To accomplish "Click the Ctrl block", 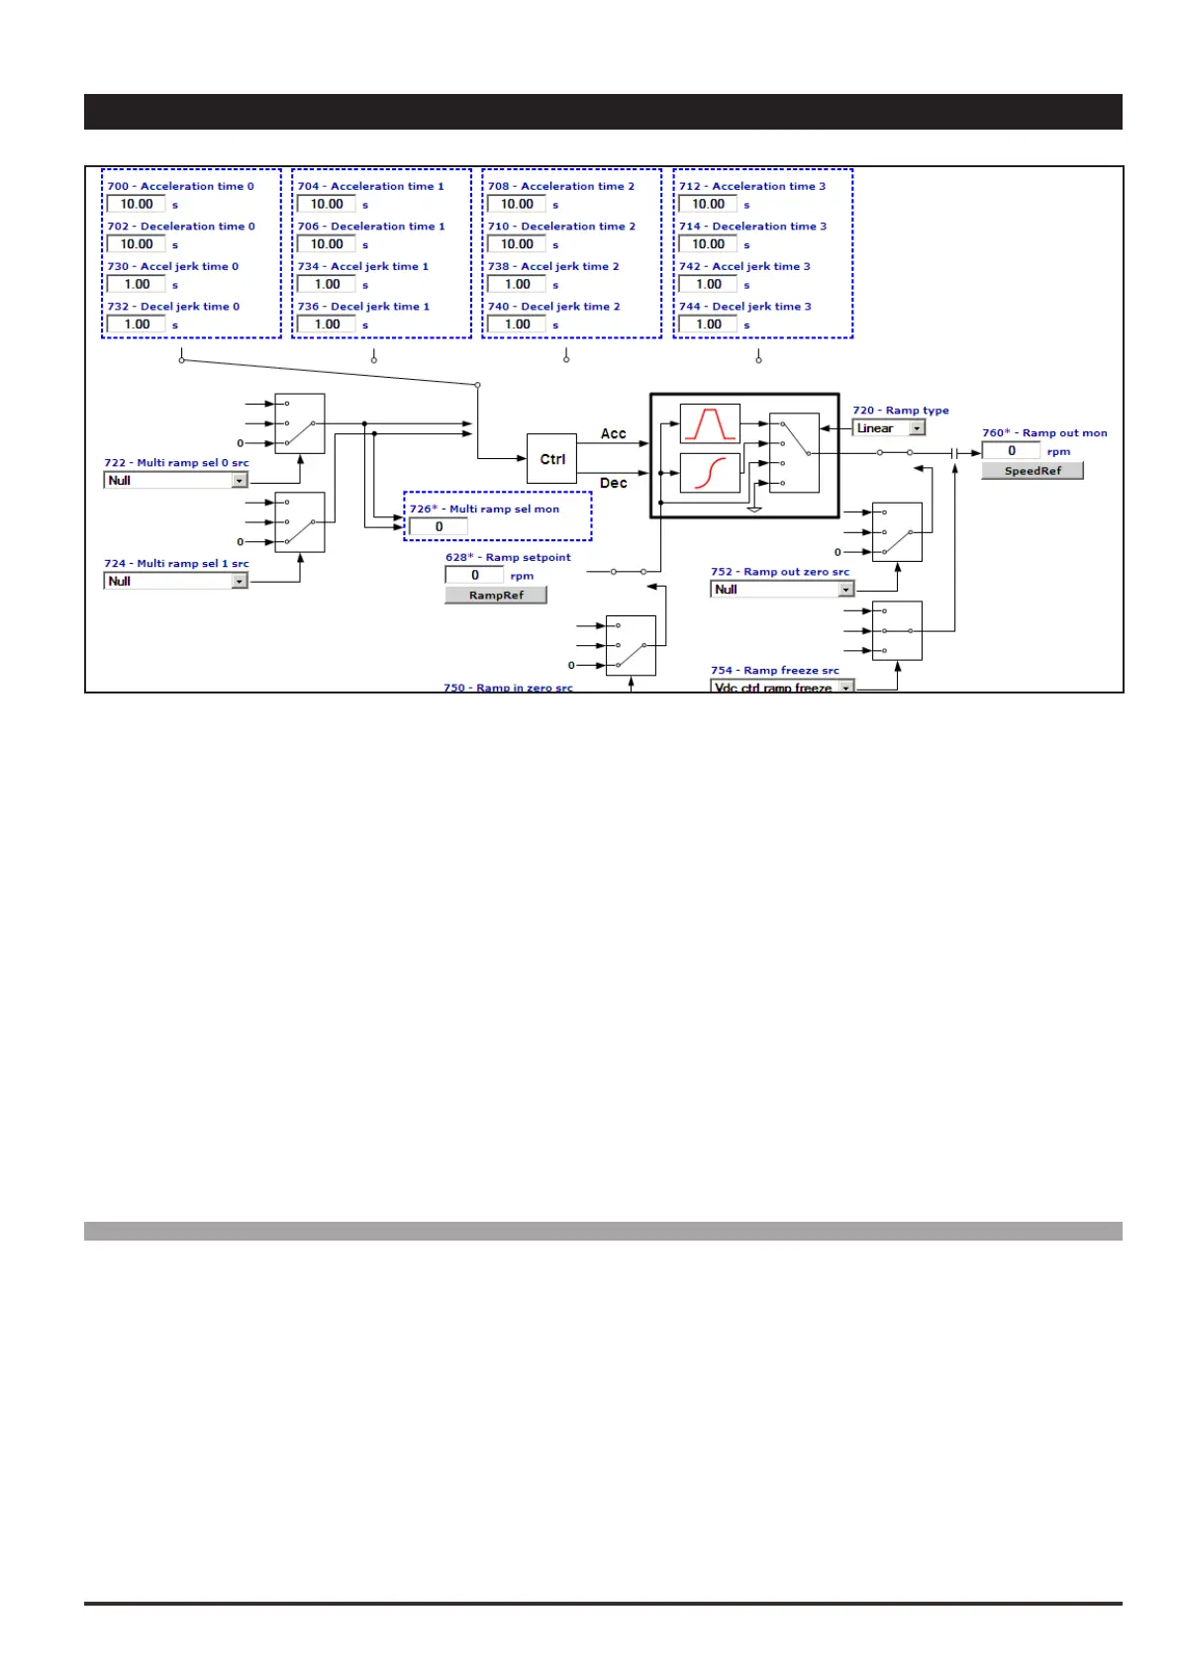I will point(551,459).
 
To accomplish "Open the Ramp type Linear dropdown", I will point(888,428).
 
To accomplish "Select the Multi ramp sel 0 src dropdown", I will point(175,481).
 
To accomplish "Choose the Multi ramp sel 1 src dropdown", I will point(175,582).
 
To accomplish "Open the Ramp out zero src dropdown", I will point(781,590).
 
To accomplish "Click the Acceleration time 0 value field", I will point(137,205).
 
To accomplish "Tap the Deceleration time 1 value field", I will point(327,244).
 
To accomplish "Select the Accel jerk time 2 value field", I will point(517,285).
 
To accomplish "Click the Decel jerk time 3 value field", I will point(708,324).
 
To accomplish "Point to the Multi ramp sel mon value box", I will point(439,527).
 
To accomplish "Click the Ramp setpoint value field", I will point(474,576).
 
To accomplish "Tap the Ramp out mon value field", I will point(1011,451).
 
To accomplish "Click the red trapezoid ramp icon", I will point(710,423).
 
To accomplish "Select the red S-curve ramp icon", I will point(710,473).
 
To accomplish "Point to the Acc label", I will point(613,434).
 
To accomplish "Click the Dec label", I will point(613,484).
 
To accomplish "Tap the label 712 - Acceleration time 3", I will point(751,187).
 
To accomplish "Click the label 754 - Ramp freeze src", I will point(774,671).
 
